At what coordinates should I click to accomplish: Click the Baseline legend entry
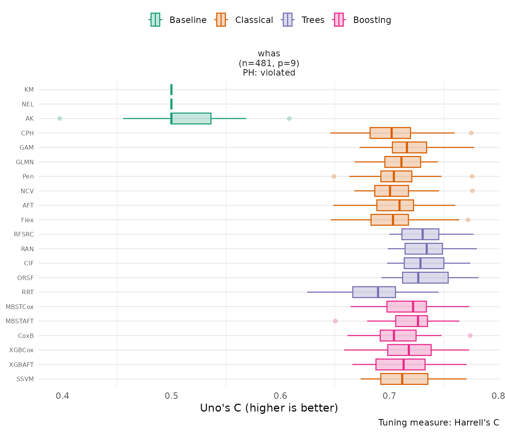[178, 20]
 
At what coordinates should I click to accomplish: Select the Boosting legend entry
[363, 20]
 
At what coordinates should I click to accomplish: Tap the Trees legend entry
[304, 20]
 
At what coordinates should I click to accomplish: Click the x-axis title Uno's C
[269, 408]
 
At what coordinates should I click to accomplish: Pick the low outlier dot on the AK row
[59, 118]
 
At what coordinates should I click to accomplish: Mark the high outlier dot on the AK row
[289, 118]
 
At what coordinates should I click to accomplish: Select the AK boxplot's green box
[191, 118]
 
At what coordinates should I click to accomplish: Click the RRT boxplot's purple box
[374, 292]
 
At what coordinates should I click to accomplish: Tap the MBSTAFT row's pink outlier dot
[335, 321]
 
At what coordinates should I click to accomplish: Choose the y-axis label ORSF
[26, 278]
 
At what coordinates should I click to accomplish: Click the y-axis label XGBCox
[21, 350]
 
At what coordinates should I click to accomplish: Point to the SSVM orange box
[404, 379]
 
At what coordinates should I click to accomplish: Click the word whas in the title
[269, 54]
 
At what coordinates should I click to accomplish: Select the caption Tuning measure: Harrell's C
[438, 422]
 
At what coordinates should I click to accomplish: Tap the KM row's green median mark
[171, 89]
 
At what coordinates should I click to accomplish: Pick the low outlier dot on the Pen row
[334, 176]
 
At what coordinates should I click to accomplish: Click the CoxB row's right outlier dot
[470, 335]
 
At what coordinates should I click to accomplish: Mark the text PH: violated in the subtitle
[269, 73]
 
